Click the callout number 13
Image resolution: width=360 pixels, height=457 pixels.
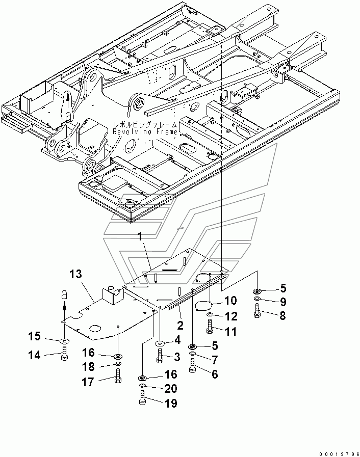(x=75, y=274)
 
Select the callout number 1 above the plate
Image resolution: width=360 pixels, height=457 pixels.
(x=140, y=237)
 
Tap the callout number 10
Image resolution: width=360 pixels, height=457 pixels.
(x=230, y=301)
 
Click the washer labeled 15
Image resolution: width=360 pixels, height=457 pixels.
(x=64, y=340)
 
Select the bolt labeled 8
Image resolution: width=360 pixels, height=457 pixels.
(x=257, y=311)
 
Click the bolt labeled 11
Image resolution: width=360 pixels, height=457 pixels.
(x=210, y=327)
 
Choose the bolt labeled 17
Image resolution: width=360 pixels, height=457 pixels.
(x=117, y=375)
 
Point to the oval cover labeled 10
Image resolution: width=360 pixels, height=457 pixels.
(x=203, y=306)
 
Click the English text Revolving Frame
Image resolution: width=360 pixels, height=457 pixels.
(x=145, y=132)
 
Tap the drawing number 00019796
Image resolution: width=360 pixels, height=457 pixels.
(x=339, y=454)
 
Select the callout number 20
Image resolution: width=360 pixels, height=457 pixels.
(x=171, y=388)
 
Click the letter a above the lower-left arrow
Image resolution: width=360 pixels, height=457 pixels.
(x=64, y=296)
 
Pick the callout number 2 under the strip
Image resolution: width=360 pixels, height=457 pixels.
(x=181, y=325)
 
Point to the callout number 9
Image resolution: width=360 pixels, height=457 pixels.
(x=282, y=302)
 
